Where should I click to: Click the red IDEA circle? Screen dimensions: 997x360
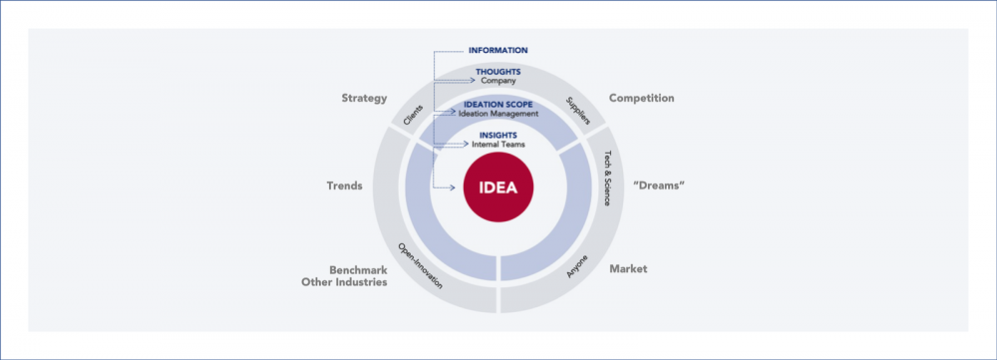click(x=498, y=187)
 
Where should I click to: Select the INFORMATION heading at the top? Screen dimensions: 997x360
click(x=498, y=51)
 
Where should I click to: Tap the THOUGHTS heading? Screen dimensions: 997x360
click(x=498, y=72)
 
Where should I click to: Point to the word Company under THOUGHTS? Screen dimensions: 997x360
click(x=498, y=81)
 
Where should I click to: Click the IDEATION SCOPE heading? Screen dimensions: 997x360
click(x=498, y=105)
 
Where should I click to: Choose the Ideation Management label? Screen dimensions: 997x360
click(x=498, y=114)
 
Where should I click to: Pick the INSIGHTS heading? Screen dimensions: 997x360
click(x=498, y=136)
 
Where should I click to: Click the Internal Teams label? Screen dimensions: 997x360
click(x=498, y=146)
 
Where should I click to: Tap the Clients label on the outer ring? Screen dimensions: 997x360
click(x=413, y=115)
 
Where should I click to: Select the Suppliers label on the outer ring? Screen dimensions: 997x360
click(x=577, y=111)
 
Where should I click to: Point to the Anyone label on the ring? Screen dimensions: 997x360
click(x=578, y=266)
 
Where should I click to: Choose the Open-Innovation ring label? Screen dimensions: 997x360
click(x=420, y=266)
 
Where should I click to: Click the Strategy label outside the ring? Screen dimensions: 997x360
click(x=364, y=99)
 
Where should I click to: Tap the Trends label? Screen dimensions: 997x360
click(x=344, y=186)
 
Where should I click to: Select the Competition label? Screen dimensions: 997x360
click(x=641, y=99)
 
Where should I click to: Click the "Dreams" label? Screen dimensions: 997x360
click(x=659, y=186)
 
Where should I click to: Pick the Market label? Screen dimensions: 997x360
click(x=628, y=269)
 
